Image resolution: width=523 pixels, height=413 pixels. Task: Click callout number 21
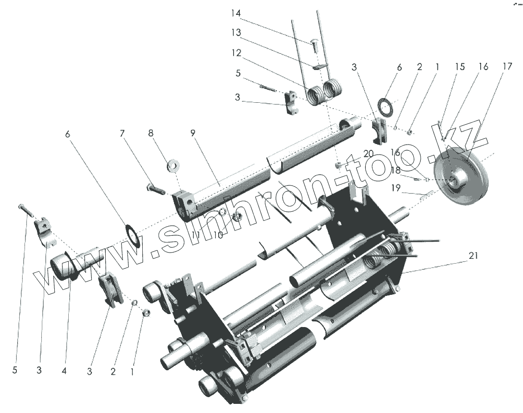click(473, 256)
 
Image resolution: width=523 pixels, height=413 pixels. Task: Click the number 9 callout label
click(193, 133)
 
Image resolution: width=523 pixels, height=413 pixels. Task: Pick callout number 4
click(64, 371)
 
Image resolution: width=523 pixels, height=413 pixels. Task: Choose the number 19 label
click(396, 188)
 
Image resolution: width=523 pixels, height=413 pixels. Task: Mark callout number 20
click(368, 154)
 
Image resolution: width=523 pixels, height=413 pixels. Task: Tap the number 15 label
click(460, 67)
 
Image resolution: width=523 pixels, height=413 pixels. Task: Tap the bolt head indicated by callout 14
click(312, 46)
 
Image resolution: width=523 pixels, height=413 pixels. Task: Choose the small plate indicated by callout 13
click(319, 67)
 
